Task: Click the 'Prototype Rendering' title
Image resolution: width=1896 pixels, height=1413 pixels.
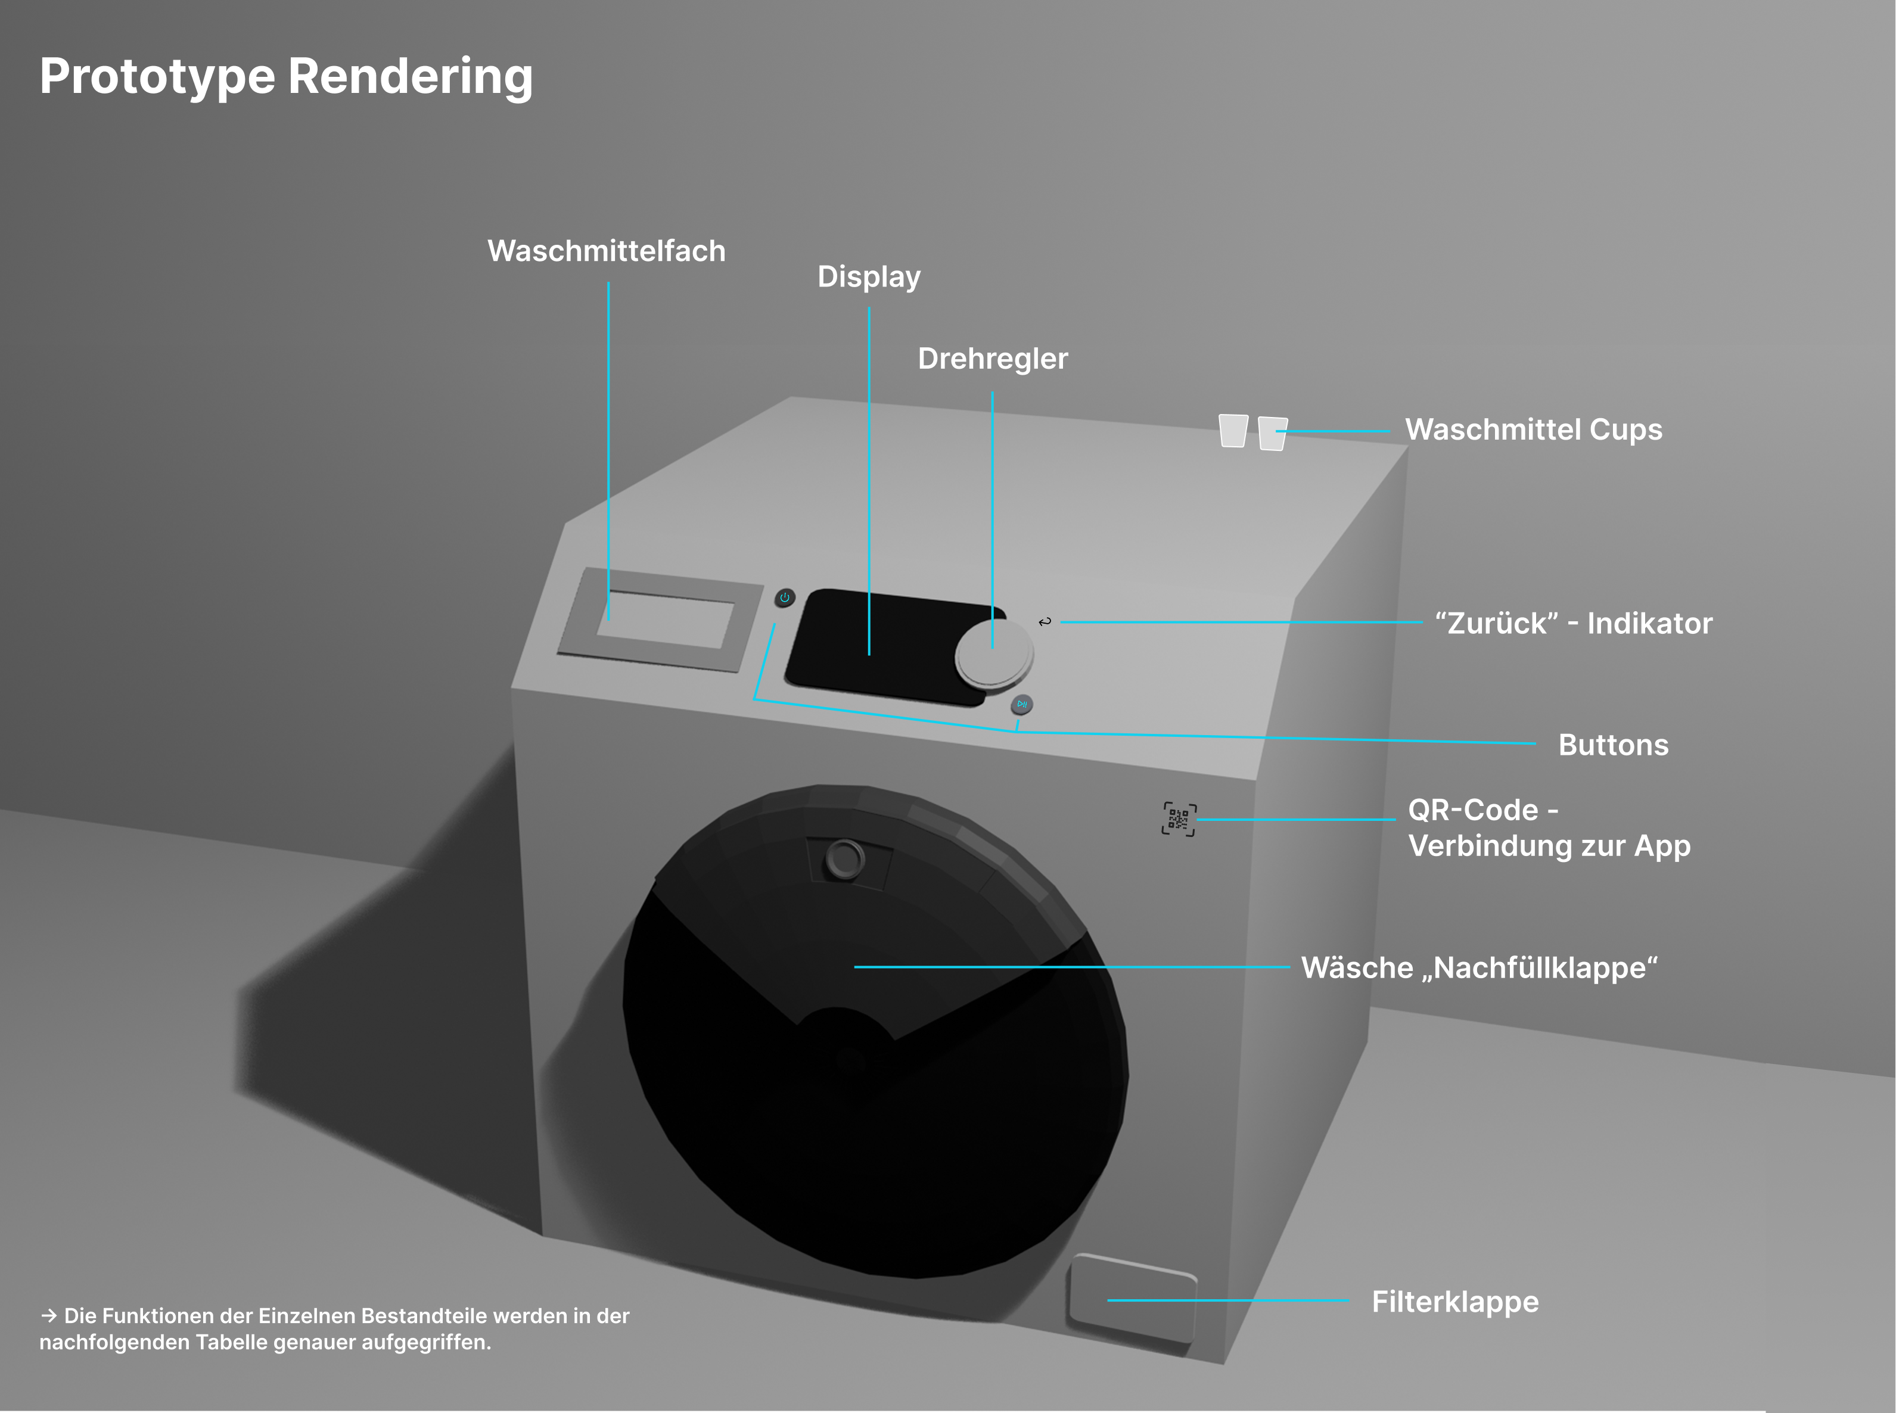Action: click(286, 77)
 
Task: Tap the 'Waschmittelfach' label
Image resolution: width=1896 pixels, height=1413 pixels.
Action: click(607, 251)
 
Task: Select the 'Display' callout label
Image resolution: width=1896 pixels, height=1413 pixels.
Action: click(869, 277)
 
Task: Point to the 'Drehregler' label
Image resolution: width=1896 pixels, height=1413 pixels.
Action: click(993, 359)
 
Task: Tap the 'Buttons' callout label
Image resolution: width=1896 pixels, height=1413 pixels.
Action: click(1614, 745)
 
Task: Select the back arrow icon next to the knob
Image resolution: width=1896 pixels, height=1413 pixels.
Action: click(1045, 622)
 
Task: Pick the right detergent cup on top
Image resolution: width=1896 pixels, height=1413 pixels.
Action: click(1273, 434)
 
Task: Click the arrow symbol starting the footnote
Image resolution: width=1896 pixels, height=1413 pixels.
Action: click(49, 1315)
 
